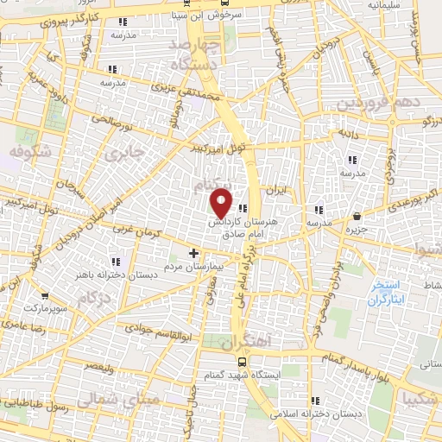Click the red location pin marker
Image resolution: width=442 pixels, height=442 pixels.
(222, 202)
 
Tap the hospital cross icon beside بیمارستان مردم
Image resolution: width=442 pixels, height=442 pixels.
(193, 254)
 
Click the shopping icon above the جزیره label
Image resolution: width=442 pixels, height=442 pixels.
(357, 217)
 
